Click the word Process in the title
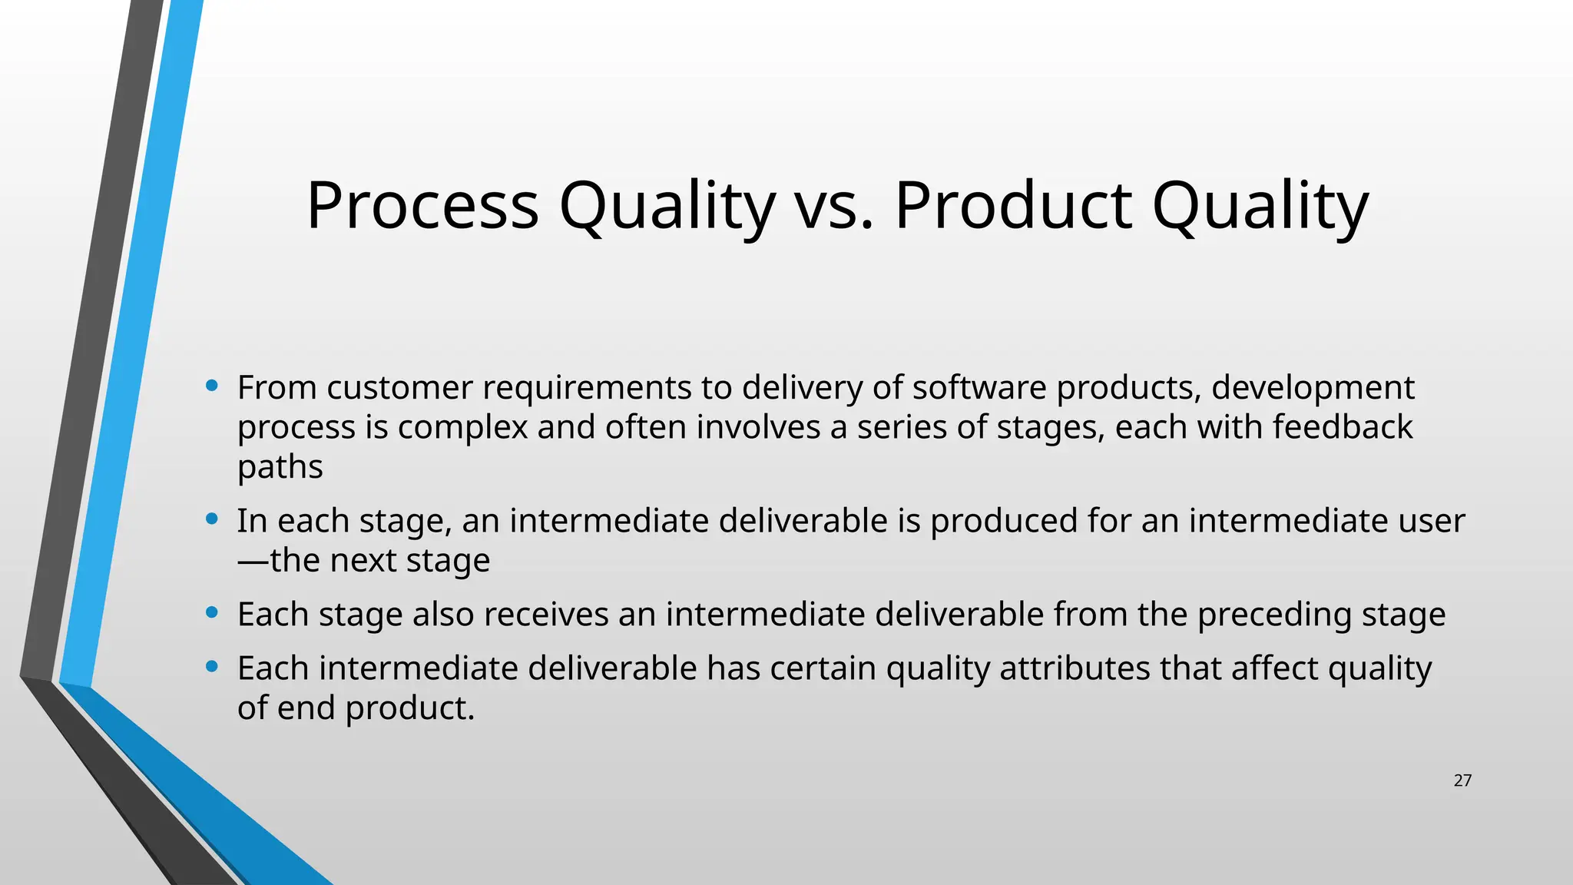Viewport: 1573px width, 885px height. pyautogui.click(x=422, y=206)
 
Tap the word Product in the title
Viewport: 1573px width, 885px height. pyautogui.click(x=1013, y=206)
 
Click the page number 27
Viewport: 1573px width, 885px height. pyautogui.click(x=1462, y=781)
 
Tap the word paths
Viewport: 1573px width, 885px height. pyautogui.click(x=280, y=467)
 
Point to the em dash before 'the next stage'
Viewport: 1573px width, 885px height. pyautogui.click(x=253, y=561)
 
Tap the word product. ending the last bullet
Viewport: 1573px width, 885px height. pyautogui.click(x=410, y=708)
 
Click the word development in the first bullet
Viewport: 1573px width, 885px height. pyautogui.click(x=1313, y=387)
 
